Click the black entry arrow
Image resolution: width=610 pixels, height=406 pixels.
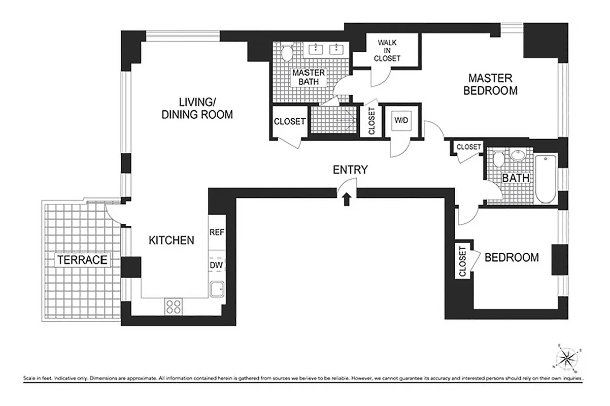(347, 199)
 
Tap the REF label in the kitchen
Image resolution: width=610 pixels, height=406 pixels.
(217, 232)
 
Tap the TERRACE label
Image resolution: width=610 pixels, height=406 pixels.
(82, 260)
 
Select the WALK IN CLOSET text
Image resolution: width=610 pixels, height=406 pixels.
(387, 50)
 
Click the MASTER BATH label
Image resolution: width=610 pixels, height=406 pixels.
(308, 77)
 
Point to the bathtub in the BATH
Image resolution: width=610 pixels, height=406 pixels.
(546, 179)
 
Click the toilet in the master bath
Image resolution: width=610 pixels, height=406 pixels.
(287, 53)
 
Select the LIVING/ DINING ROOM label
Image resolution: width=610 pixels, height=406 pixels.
(197, 108)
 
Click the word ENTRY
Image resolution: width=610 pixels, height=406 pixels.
(350, 170)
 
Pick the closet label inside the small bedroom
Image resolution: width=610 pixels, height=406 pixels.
(462, 261)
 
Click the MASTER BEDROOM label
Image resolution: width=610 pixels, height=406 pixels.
(490, 85)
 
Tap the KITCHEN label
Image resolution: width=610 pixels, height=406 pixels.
(171, 240)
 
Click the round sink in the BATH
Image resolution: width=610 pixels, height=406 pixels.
(518, 155)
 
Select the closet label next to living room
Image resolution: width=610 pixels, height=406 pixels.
(290, 122)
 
